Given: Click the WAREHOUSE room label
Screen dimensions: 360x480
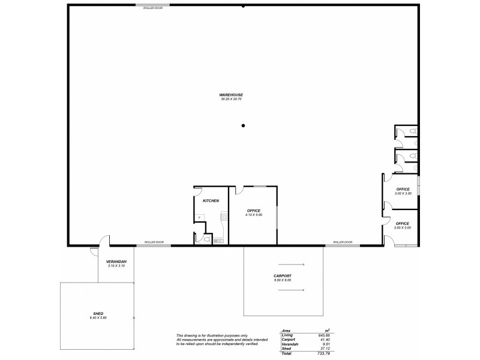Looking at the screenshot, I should [x=231, y=95].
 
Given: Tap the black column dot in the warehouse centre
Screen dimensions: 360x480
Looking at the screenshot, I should [x=243, y=126].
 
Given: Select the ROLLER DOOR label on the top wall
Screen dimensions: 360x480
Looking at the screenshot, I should [x=153, y=8].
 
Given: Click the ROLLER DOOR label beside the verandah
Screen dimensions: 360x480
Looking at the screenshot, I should [x=154, y=242].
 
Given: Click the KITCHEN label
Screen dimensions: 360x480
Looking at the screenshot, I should [x=211, y=200].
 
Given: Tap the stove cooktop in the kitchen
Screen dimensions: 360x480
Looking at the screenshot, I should [x=224, y=218].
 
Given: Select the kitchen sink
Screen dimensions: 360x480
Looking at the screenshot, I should [x=218, y=241].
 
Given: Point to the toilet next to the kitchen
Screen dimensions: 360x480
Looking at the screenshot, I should [x=206, y=239].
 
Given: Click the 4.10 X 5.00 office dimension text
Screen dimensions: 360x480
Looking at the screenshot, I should [x=254, y=214].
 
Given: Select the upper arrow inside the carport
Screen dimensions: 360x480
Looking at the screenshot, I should [x=291, y=265].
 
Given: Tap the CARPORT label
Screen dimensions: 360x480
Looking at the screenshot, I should [x=282, y=276].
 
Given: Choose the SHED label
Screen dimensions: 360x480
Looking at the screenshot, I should [x=99, y=313].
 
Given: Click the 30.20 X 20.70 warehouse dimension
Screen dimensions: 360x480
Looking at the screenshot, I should [x=231, y=99].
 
